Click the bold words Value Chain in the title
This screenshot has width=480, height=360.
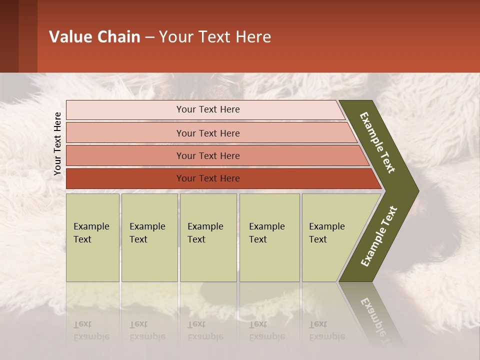[94, 37]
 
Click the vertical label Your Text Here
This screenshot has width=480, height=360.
[57, 143]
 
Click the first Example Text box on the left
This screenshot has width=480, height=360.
[92, 237]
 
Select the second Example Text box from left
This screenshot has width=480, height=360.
[149, 237]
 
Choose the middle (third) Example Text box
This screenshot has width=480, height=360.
[208, 237]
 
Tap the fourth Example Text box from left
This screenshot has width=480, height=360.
[269, 237]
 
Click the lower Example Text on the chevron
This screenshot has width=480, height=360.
[379, 236]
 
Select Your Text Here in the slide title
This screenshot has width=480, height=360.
[215, 37]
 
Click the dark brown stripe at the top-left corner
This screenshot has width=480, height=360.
[9, 36]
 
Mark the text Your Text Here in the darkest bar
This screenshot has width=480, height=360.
[208, 178]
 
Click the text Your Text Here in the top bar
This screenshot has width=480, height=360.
[208, 109]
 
